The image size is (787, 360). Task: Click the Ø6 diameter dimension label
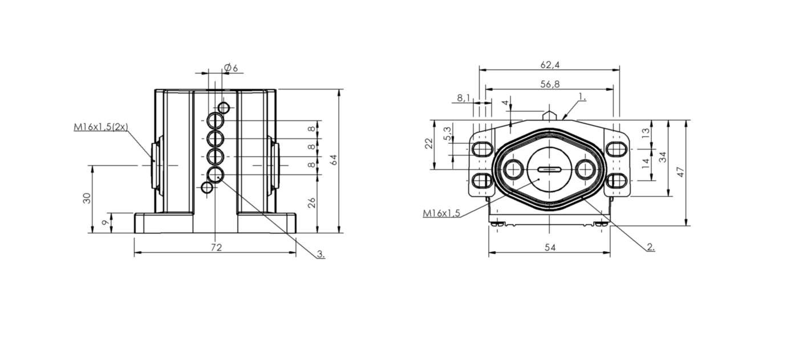pos(231,67)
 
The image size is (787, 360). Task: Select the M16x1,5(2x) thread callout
pos(101,127)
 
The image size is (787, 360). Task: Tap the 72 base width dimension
pos(217,248)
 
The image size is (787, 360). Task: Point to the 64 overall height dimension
pos(334,160)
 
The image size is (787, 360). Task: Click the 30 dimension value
pos(87,199)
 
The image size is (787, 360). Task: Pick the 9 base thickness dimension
pos(105,223)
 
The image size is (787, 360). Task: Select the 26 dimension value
pos(311,203)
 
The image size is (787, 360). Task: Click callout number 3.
pos(321,254)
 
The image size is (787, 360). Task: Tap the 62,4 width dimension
pos(550,64)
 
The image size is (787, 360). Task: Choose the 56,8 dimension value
pos(550,84)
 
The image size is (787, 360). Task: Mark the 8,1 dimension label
pos(464,98)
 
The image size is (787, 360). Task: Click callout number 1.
pos(582,96)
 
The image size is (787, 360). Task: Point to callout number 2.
pos(651,247)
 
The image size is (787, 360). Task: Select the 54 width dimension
pos(550,248)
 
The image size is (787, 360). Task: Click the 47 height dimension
pos(680,172)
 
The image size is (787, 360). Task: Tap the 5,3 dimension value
pos(447,134)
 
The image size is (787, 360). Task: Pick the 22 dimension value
pos(429,143)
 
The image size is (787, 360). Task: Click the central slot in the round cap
pos(550,170)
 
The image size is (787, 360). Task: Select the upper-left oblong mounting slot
pos(481,149)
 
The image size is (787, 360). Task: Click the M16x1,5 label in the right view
pos(441,213)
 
